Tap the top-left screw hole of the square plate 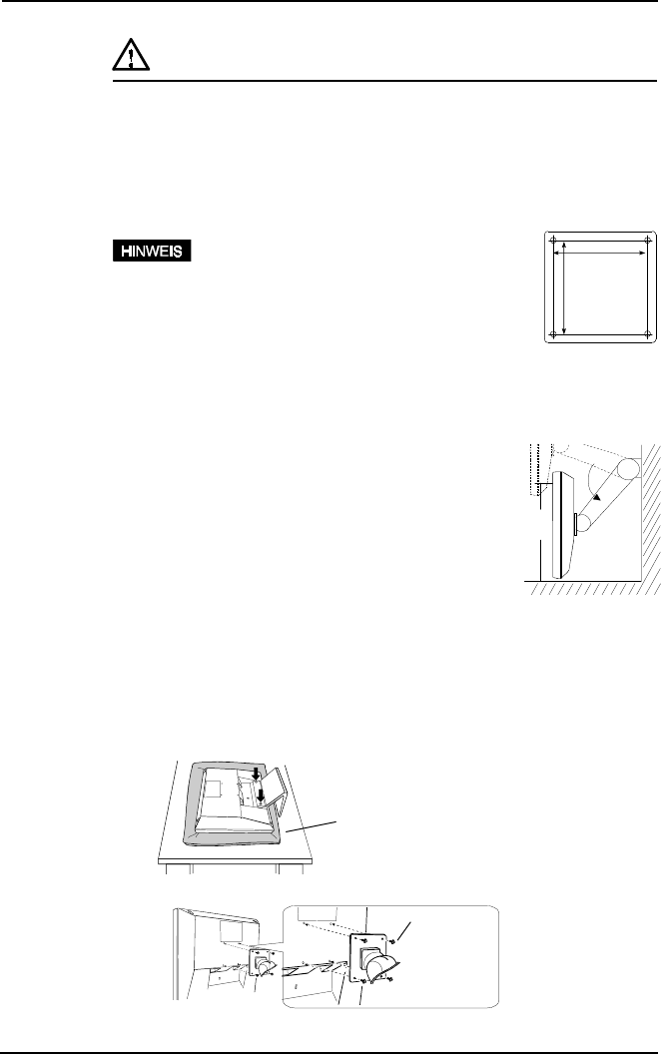[555, 242]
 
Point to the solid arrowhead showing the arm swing [596, 490]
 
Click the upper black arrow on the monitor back [257, 774]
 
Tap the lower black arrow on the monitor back [261, 795]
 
